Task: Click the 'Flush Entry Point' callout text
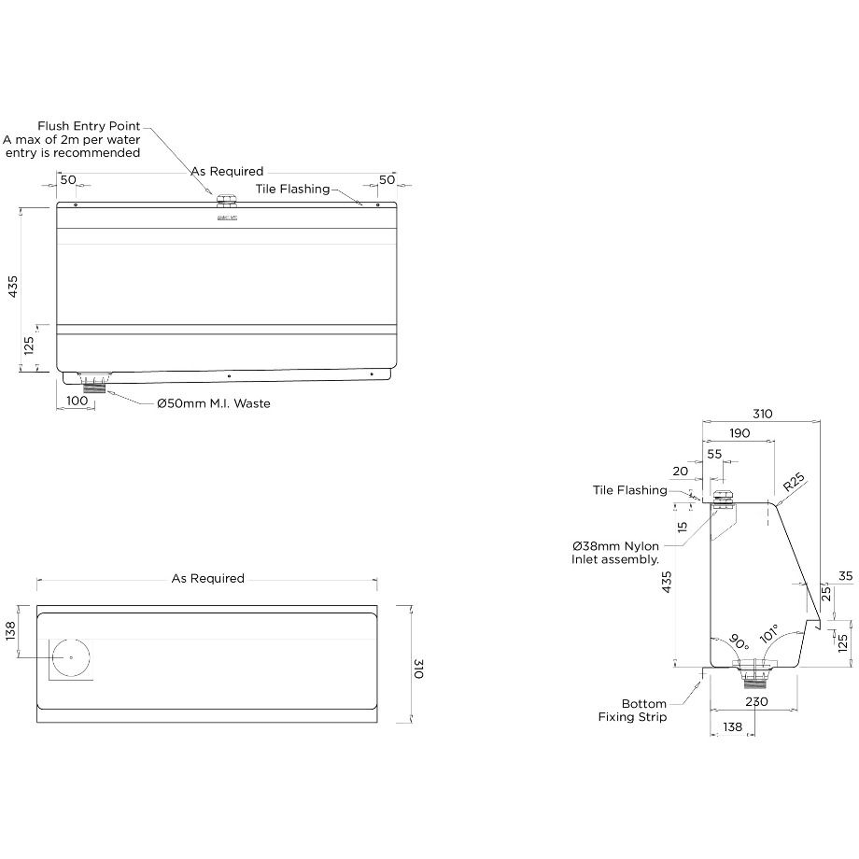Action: click(x=89, y=126)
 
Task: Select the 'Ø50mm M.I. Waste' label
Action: click(x=213, y=404)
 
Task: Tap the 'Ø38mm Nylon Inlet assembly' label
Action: click(x=616, y=553)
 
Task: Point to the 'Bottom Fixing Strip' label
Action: click(x=633, y=711)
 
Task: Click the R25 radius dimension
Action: click(x=793, y=483)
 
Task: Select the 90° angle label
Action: click(x=738, y=642)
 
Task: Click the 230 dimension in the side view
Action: click(x=756, y=701)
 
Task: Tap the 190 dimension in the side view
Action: click(x=739, y=432)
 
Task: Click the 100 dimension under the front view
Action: click(x=77, y=401)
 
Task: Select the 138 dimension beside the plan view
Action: click(x=12, y=632)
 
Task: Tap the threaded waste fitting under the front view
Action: click(x=95, y=383)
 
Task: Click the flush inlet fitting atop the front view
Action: click(x=225, y=200)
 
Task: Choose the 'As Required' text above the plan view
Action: click(x=207, y=579)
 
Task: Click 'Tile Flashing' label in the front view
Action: click(x=292, y=189)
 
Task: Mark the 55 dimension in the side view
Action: click(x=714, y=454)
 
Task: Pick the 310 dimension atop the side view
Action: click(x=761, y=414)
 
